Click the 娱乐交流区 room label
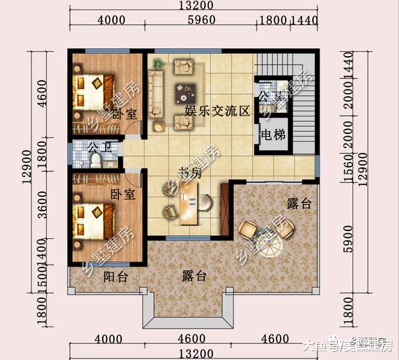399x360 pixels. coord(217,111)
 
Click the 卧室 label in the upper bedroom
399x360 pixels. coord(126,114)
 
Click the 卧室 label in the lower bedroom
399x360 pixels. coord(121,195)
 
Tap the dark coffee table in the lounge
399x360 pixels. coord(185,93)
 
